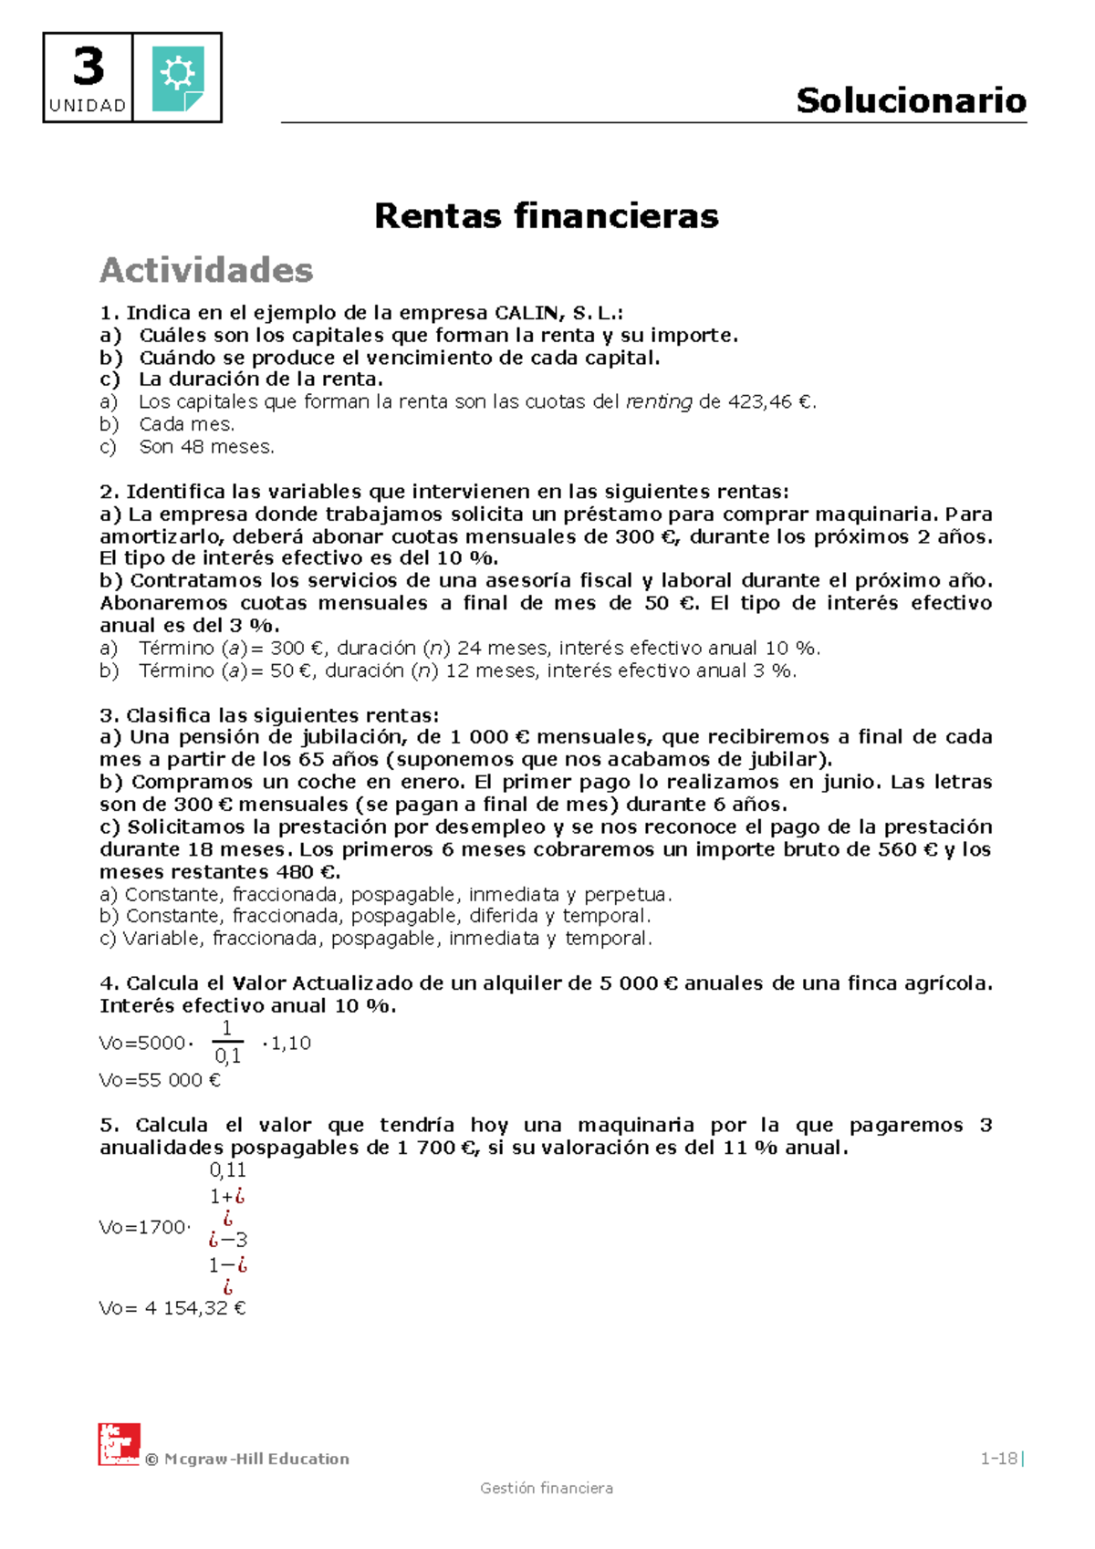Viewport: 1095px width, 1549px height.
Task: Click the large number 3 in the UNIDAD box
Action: tap(88, 67)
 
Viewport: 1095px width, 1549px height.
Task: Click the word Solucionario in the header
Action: tap(911, 100)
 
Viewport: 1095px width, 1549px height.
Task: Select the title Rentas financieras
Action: tap(547, 216)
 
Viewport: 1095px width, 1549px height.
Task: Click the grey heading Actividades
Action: tap(206, 270)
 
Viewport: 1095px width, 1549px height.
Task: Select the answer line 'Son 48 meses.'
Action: tap(206, 447)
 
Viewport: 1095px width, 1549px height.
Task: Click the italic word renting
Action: tap(659, 402)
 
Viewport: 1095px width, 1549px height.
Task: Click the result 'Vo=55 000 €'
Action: tap(160, 1080)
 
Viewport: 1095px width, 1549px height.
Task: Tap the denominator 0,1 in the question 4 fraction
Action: tap(227, 1056)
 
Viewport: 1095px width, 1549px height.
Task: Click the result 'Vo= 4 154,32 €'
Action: tap(172, 1308)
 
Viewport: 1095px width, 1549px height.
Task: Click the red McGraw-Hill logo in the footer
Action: tap(119, 1444)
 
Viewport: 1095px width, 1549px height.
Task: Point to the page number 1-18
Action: tap(998, 1459)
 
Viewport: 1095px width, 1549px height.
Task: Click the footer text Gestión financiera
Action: tap(547, 1489)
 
